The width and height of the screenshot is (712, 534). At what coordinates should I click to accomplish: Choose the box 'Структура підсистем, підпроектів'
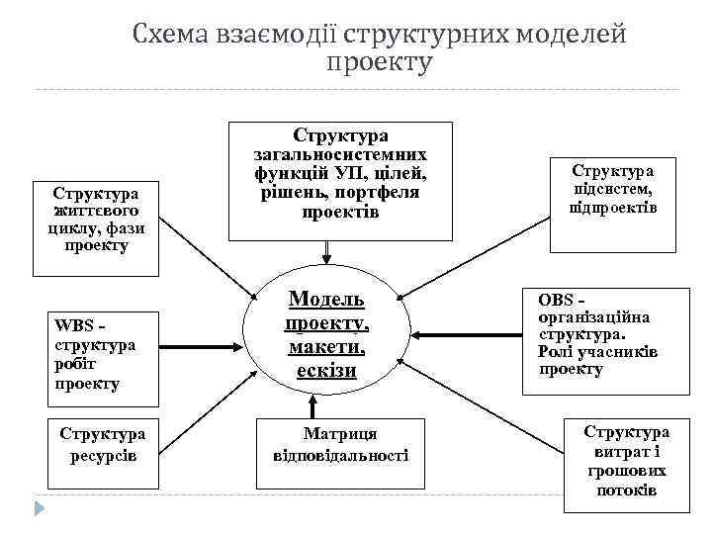pos(613,189)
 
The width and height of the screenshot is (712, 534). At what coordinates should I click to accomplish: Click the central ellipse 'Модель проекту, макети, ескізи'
pos(326,334)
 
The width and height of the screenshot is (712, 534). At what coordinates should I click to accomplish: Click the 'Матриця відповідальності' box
pos(340,445)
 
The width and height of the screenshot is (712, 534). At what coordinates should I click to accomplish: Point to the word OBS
pos(557,299)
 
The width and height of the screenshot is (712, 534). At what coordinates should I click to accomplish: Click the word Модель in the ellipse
pos(326,300)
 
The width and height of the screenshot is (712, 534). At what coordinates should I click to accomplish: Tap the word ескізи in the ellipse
pos(326,370)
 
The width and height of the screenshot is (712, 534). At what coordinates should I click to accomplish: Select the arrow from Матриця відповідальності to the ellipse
pos(313,405)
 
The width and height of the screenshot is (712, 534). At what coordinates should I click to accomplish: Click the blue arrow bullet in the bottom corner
pos(39,509)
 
